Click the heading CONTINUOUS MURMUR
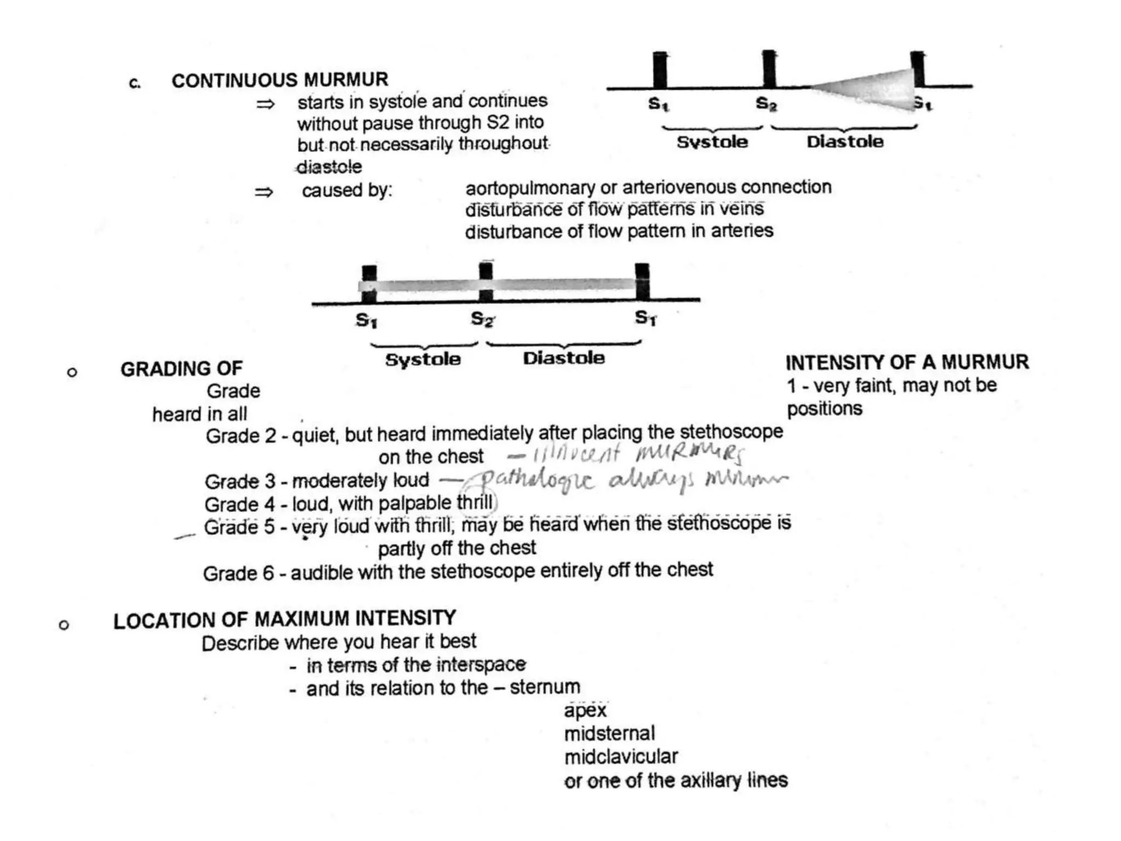coord(280,80)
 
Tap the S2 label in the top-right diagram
coord(766,103)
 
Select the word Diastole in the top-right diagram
coord(845,142)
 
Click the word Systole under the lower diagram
coord(423,360)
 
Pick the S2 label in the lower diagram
coord(482,319)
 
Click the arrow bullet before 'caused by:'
coord(264,192)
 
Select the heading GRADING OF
coord(181,369)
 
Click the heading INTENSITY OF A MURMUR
coord(907,362)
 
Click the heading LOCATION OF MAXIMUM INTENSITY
coord(285,619)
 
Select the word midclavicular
coord(621,757)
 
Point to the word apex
coord(585,711)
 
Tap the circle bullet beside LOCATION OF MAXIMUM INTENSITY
coord(64,625)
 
